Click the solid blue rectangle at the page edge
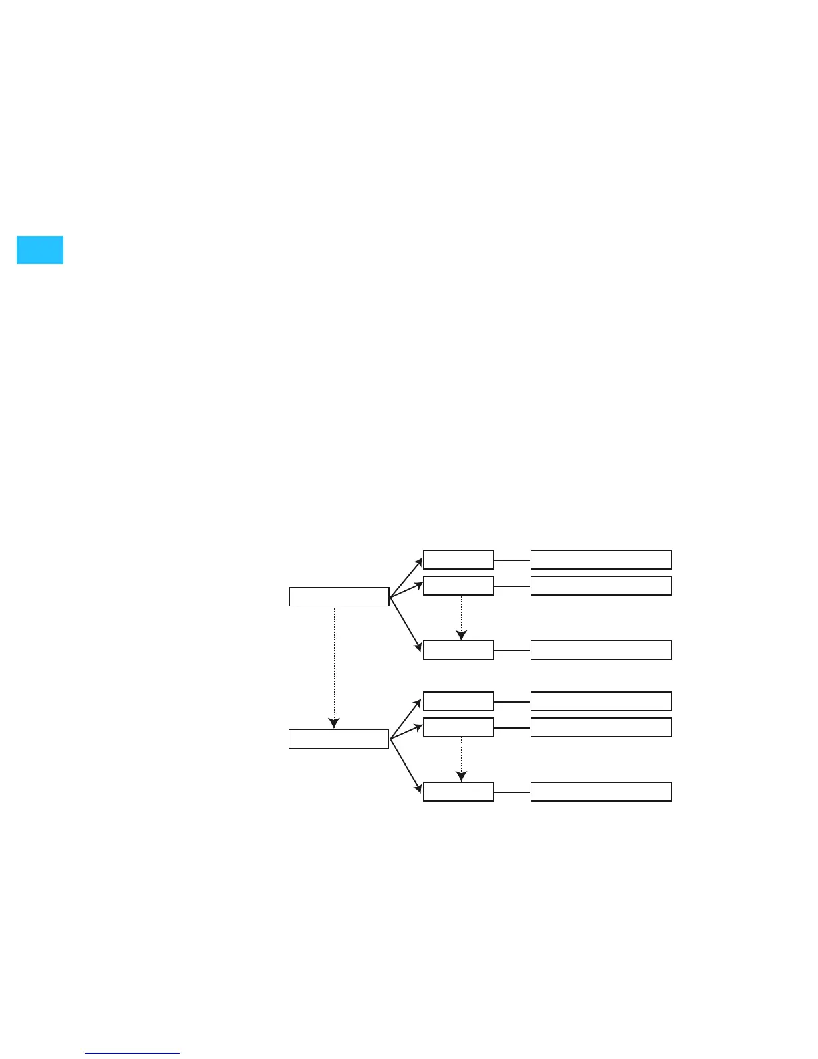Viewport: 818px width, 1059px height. pos(40,250)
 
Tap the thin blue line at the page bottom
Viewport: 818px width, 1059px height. pos(132,1053)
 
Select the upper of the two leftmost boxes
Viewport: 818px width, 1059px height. pos(339,596)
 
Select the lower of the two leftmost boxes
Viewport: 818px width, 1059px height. pos(339,739)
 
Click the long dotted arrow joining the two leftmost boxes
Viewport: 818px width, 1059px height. pos(334,662)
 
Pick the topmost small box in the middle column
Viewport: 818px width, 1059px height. pos(458,560)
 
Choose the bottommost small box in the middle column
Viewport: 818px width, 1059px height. pos(458,792)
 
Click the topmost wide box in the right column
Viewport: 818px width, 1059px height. pos(601,560)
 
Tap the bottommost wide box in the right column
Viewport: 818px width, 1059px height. pos(601,792)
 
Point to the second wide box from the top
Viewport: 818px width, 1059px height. pos(601,586)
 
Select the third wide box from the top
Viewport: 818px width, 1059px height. pos(601,650)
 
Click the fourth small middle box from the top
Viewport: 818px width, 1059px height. pos(458,702)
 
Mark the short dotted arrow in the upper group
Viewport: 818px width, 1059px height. pos(461,616)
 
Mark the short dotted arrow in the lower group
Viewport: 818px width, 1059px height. pos(461,758)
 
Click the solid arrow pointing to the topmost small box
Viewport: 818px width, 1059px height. pos(406,576)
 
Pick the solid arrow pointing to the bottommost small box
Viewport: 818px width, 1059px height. pos(406,763)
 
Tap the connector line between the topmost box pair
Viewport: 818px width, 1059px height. pos(512,560)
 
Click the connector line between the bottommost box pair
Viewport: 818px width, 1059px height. pos(512,792)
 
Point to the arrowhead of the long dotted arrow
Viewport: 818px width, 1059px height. pos(334,723)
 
